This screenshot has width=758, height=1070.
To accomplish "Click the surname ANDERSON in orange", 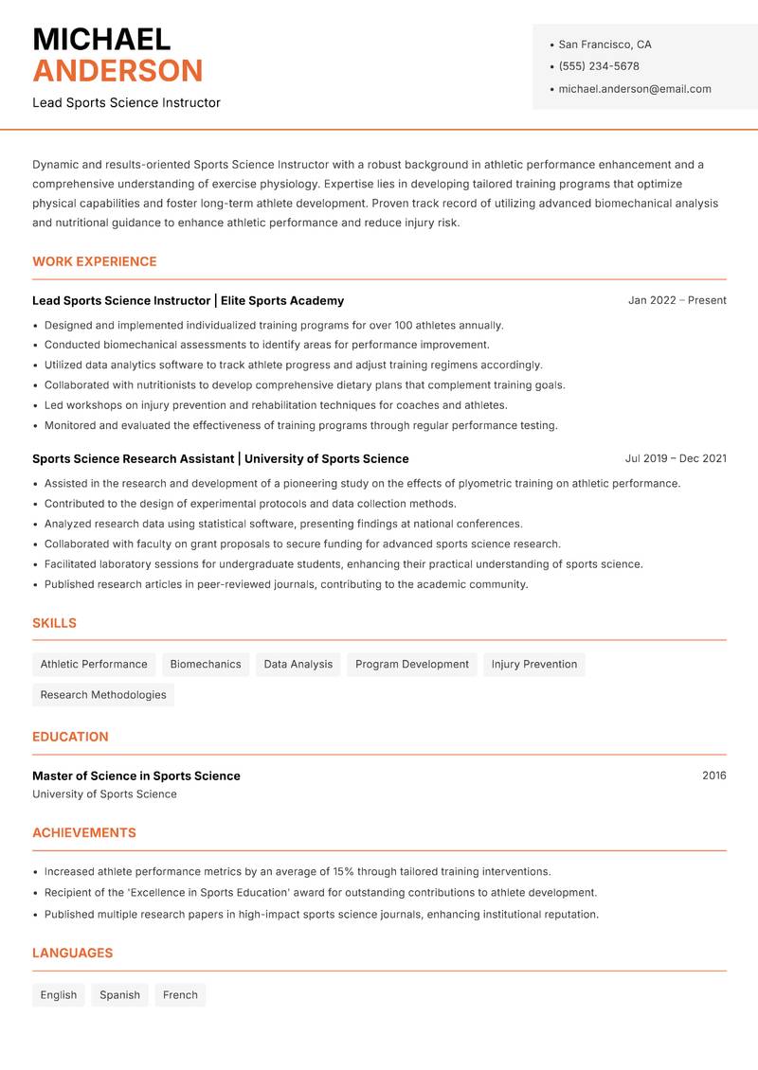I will click(x=117, y=71).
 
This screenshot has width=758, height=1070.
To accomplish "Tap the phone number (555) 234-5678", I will click(x=598, y=66).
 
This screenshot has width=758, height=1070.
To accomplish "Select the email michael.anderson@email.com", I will click(x=634, y=89).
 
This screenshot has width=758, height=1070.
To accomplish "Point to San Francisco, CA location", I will click(x=605, y=45).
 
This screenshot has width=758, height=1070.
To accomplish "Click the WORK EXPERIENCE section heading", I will click(x=95, y=261).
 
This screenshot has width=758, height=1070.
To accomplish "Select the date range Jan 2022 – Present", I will click(x=677, y=300).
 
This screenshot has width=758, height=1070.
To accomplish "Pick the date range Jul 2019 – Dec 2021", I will click(x=676, y=458).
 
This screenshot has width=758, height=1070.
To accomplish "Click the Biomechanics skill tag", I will click(x=206, y=665).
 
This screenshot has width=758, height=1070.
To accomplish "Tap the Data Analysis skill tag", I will click(x=298, y=665).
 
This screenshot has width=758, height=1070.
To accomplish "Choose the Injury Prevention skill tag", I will click(x=534, y=665).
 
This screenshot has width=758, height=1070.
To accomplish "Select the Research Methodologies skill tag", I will click(x=103, y=695).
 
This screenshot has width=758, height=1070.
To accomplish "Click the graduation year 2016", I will click(x=714, y=776).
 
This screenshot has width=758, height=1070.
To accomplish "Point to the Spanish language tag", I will click(x=119, y=995).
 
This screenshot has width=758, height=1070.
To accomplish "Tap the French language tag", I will click(x=180, y=995).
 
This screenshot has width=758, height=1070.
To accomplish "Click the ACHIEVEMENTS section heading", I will click(x=84, y=833).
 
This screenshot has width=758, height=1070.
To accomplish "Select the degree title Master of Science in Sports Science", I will click(x=136, y=776).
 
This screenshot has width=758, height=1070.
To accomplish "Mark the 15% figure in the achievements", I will click(x=344, y=871).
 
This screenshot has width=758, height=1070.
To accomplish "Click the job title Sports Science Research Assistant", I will click(x=133, y=458).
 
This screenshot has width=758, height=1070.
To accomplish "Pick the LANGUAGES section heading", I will click(x=72, y=954).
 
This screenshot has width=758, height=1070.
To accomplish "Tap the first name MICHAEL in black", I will click(x=101, y=39).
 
